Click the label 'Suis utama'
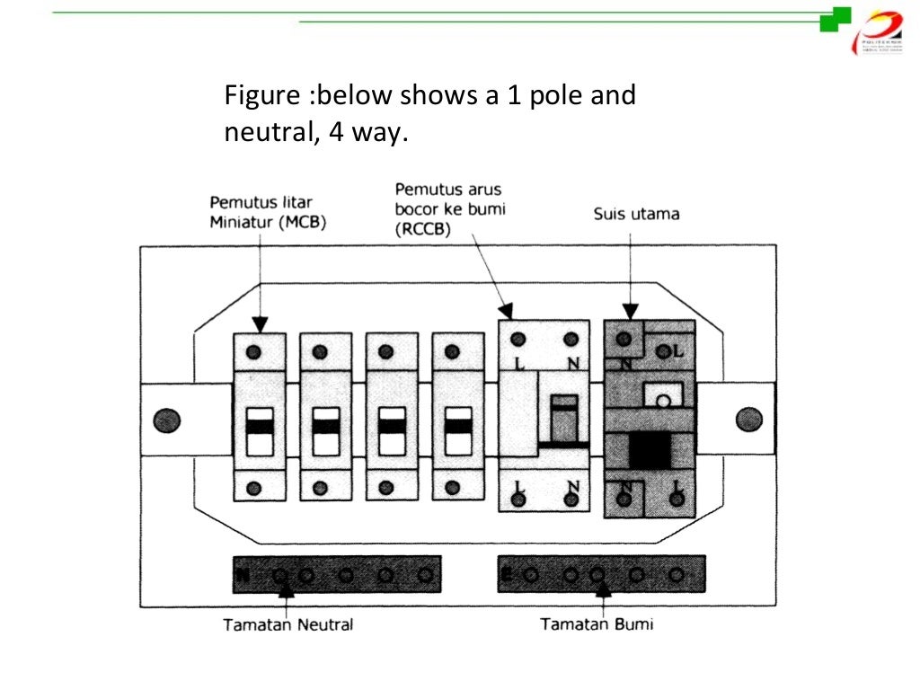tap(636, 215)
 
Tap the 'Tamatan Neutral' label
tap(288, 624)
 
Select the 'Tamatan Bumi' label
tap(597, 624)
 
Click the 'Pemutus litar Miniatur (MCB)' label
tap(268, 212)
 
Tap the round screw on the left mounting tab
tap(167, 420)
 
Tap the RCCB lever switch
tap(563, 420)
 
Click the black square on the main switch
tap(650, 449)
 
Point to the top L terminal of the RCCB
tap(518, 340)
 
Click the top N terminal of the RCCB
tap(571, 340)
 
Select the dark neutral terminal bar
tap(337, 574)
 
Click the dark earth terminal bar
tap(601, 574)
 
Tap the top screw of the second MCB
tap(320, 351)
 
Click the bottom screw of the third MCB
tap(386, 488)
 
